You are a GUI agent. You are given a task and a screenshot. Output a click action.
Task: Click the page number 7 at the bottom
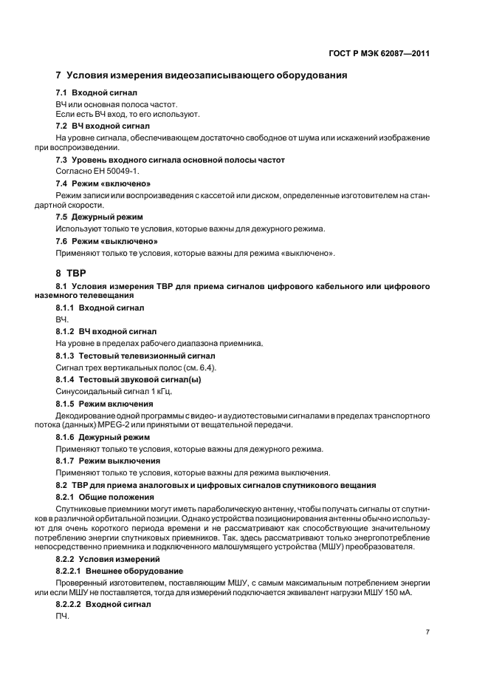[x=427, y=633]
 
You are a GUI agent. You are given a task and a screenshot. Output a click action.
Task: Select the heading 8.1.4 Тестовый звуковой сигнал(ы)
[x=123, y=379]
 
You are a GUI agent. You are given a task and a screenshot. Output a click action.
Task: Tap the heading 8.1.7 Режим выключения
[x=106, y=461]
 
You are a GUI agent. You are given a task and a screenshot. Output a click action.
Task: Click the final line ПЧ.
[x=62, y=617]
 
